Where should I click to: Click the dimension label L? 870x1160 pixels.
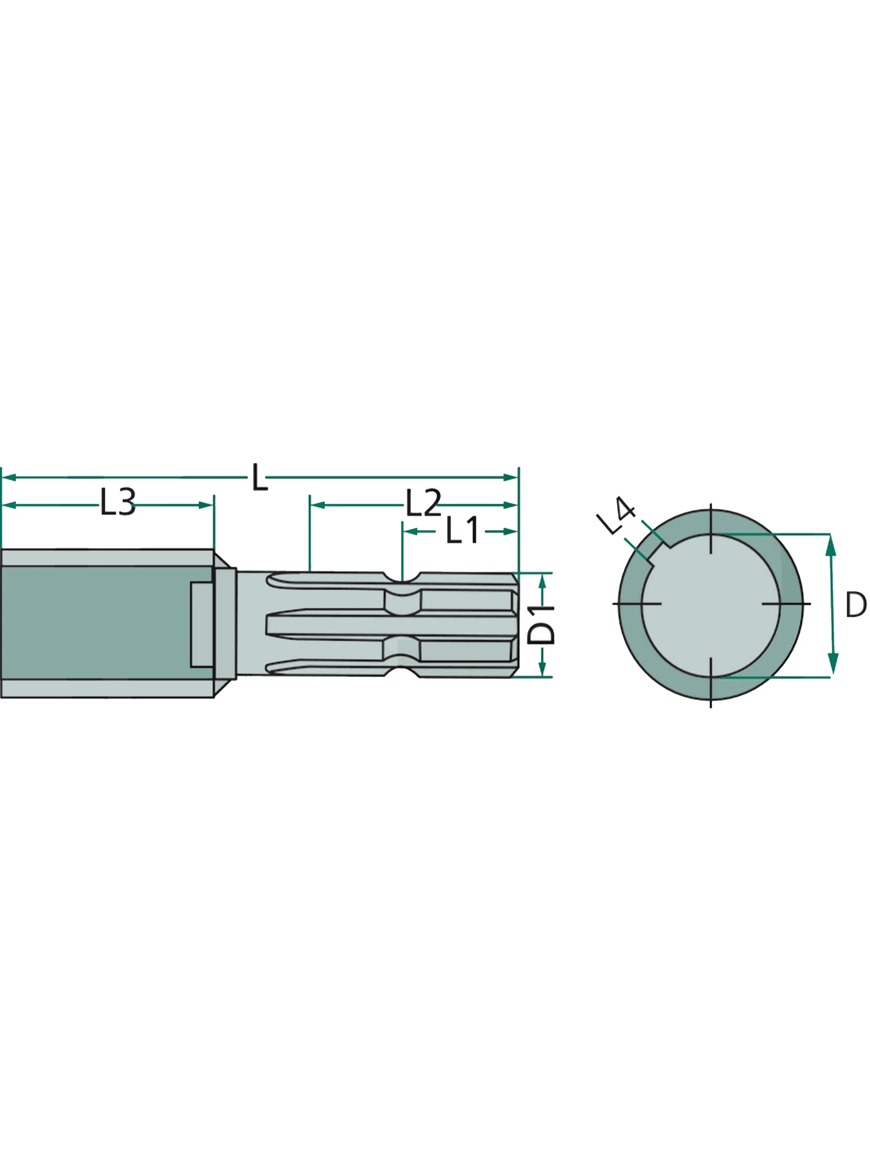[x=260, y=477]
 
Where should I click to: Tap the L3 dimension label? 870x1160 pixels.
[x=118, y=502]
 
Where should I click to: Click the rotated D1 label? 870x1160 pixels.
[x=540, y=624]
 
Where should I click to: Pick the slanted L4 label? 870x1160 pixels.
[x=616, y=516]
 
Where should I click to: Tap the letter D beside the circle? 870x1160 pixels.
[x=856, y=604]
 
